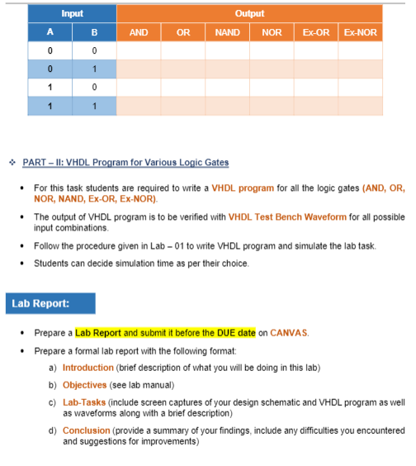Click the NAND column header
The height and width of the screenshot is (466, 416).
click(x=227, y=33)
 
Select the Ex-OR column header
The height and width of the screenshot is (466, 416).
click(x=316, y=33)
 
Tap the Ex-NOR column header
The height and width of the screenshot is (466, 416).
click(x=360, y=33)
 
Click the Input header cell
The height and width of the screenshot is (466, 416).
click(x=72, y=14)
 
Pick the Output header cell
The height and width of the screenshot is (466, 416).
click(x=249, y=14)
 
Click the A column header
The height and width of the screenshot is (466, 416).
click(x=50, y=33)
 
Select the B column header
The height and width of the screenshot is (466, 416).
click(x=94, y=33)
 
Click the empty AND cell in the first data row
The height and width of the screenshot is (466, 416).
click(x=139, y=51)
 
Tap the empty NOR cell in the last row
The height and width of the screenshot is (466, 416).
click(x=272, y=106)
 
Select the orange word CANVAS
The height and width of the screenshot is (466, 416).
click(x=290, y=333)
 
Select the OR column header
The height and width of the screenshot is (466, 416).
click(x=183, y=33)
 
